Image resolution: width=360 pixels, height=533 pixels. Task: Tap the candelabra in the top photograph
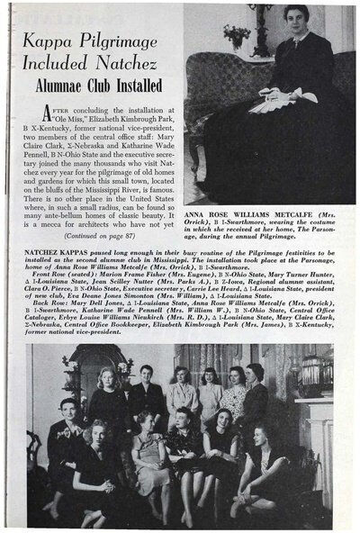261,27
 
